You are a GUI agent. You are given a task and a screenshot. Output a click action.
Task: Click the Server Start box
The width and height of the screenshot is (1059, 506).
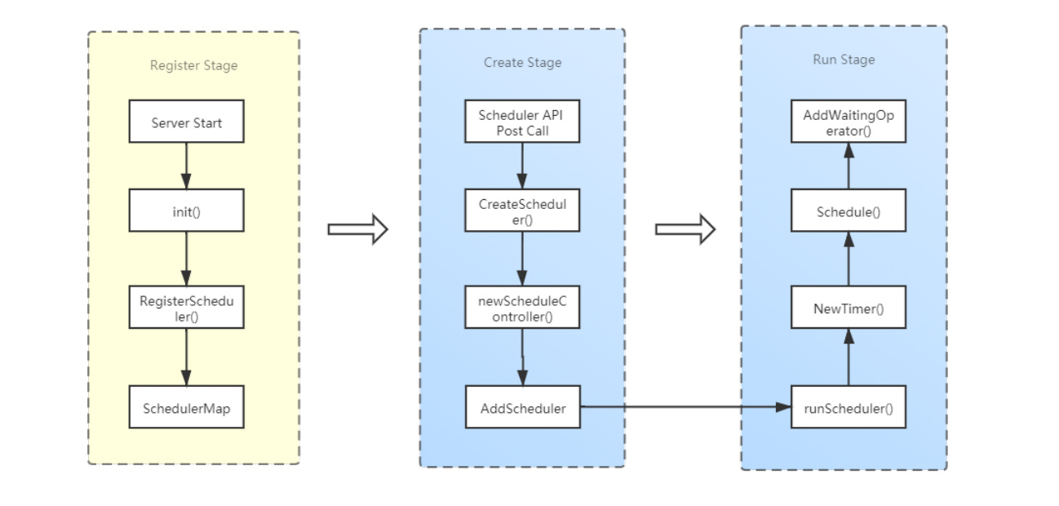pos(186,121)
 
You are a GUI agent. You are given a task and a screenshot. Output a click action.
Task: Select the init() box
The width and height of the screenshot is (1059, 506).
pos(186,211)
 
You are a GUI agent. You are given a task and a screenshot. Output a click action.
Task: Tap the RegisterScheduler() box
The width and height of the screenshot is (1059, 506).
pos(186,307)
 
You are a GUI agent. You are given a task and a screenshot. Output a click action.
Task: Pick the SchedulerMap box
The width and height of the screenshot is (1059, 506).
pos(186,407)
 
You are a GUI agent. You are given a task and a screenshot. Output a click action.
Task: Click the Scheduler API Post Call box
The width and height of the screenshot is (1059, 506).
pos(522,121)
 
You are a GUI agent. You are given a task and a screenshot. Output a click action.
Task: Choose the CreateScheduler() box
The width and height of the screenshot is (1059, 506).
pos(522,211)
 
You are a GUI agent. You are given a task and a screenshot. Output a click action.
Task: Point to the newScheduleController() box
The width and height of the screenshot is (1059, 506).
pos(522,307)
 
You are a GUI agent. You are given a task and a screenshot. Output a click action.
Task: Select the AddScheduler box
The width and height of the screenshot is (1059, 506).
pos(522,407)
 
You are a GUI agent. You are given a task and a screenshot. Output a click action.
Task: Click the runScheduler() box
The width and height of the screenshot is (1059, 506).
pos(849,407)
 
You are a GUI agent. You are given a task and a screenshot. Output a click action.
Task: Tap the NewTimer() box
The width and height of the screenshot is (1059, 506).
pos(849,307)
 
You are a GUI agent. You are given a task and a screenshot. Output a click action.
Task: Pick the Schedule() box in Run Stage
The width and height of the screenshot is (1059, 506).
pos(849,211)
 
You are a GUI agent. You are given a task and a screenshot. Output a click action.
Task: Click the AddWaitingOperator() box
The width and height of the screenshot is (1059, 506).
pos(849,121)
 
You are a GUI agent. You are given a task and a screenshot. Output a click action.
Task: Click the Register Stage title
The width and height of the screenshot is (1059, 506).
pos(193,65)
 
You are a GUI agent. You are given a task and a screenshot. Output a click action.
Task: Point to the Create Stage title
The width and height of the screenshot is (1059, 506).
pos(522,62)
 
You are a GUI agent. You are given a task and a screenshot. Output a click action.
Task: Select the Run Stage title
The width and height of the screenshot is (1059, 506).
pos(844,60)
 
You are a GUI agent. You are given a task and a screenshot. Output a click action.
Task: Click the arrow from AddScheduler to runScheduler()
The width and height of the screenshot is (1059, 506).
pos(685,406)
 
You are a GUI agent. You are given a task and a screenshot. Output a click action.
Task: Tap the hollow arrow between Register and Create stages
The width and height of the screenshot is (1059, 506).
pos(358,229)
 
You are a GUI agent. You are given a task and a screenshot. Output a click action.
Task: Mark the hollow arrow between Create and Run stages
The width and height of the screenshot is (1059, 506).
pos(685,229)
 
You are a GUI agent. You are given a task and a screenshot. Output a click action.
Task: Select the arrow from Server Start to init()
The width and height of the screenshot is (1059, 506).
pos(186,166)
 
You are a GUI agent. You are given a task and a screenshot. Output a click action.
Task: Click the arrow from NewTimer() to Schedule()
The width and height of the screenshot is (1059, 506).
pos(849,259)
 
